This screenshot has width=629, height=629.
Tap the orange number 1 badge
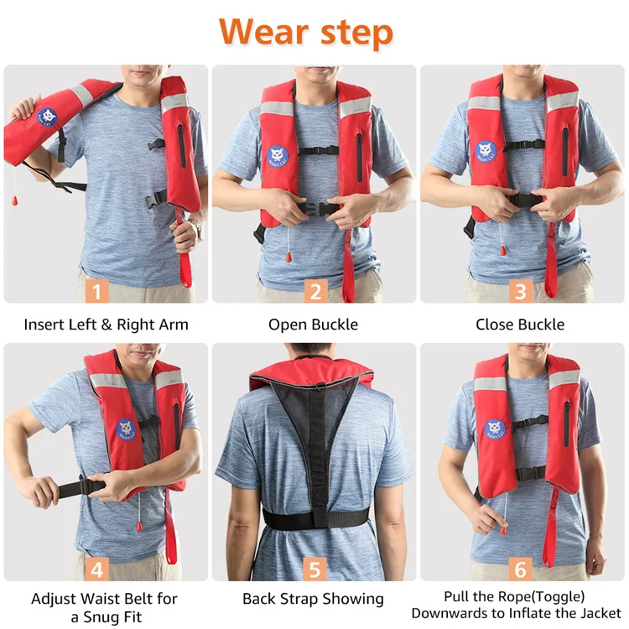coord(98,291)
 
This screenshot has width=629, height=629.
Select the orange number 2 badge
coord(314,291)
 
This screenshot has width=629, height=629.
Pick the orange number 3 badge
coord(521,291)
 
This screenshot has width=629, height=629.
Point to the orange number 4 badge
coord(98,569)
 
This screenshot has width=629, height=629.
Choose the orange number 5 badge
coord(314,569)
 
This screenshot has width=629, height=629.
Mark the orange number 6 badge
coord(521,569)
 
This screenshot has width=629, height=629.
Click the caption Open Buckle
coord(313,325)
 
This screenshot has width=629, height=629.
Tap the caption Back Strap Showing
coord(313,599)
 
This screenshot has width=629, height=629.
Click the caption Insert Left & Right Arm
coord(106,325)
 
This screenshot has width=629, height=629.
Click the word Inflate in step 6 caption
coord(540,614)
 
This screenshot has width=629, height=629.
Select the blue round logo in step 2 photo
coord(278,156)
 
